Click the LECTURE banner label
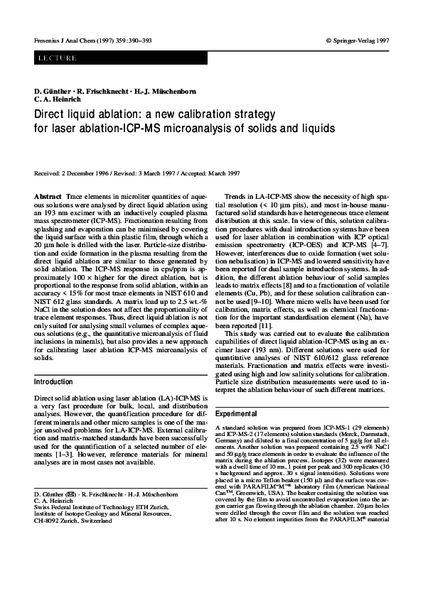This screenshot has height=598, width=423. tap(56, 58)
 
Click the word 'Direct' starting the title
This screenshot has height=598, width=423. tap(51, 114)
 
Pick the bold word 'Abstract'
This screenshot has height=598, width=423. tap(48, 195)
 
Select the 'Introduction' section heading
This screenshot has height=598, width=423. tap(53, 381)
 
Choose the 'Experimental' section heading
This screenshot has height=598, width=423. tap(237, 413)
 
